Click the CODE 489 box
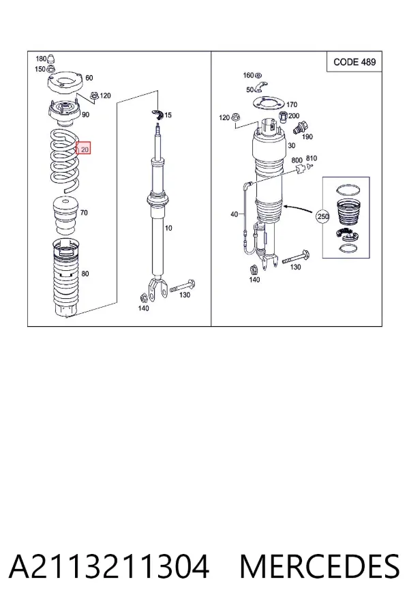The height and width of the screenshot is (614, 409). [354, 62]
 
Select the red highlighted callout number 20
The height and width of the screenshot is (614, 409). [83, 149]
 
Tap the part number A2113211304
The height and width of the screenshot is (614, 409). [109, 567]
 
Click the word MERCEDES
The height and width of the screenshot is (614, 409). [320, 567]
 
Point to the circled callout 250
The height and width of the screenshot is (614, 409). [323, 216]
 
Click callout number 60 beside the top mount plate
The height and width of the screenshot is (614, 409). [89, 78]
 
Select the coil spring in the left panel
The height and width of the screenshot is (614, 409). [65, 160]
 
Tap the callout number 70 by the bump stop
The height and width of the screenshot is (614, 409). [84, 213]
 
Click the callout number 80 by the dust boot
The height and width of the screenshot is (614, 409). [85, 274]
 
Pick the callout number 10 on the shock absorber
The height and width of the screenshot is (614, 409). [168, 227]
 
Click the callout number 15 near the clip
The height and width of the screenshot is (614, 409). [168, 115]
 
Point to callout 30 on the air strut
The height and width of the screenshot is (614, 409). [292, 146]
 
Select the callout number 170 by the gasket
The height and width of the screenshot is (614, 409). [292, 104]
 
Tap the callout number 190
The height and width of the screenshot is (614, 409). [307, 136]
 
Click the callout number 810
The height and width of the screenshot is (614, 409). [312, 158]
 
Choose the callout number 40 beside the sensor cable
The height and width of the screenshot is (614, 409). [234, 214]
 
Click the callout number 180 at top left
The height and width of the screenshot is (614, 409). [41, 59]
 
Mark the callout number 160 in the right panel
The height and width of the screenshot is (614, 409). [249, 75]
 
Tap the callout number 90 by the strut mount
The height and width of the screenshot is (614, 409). [85, 115]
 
